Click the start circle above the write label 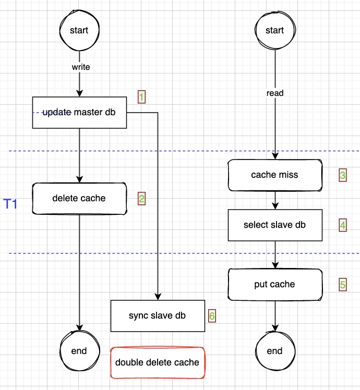coord(79,30)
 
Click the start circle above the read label coord(274,30)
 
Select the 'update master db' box coord(79,112)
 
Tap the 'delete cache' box coord(79,198)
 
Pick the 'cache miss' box coord(274,175)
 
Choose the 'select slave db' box coord(274,225)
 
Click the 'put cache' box coord(274,284)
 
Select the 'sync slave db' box coord(158,315)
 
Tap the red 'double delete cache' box coord(158,362)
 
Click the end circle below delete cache coord(79,350)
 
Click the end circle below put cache coord(274,350)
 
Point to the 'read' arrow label coord(274,93)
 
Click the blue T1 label coord(11,204)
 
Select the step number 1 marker coord(141,96)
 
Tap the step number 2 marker coord(141,198)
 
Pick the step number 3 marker coord(342,175)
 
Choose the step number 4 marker coord(342,225)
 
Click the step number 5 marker coord(342,284)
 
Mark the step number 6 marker coord(211,315)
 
